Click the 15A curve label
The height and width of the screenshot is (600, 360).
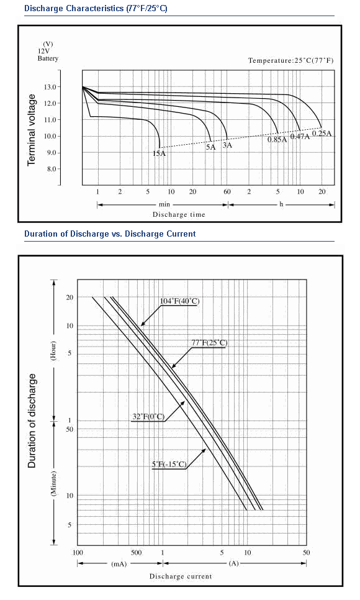point(159,153)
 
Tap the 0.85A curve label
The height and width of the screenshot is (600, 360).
point(277,140)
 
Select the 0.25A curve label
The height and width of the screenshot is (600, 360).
point(322,134)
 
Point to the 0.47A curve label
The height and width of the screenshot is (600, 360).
point(300,136)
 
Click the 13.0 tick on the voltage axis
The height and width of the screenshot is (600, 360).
point(50,87)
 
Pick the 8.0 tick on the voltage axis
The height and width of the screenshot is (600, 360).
point(52,169)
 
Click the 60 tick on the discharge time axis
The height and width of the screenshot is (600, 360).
point(227,192)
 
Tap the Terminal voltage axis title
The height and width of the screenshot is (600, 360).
point(32,130)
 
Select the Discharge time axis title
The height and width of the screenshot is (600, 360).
point(179,215)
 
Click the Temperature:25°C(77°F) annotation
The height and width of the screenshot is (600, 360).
point(290,60)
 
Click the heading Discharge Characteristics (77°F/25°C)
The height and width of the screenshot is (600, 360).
point(96,9)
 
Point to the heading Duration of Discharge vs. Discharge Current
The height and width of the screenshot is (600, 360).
point(110,234)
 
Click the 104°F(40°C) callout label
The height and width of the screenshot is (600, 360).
point(179,301)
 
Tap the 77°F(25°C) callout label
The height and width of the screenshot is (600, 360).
point(209,343)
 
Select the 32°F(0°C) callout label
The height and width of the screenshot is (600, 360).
point(148,417)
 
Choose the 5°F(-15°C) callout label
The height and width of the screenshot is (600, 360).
point(169,465)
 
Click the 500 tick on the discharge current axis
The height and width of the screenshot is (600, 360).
point(136,553)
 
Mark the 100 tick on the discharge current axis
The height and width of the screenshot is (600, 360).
point(78,553)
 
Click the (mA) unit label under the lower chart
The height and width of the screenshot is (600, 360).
point(119,564)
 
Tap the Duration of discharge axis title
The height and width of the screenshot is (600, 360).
point(32,420)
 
